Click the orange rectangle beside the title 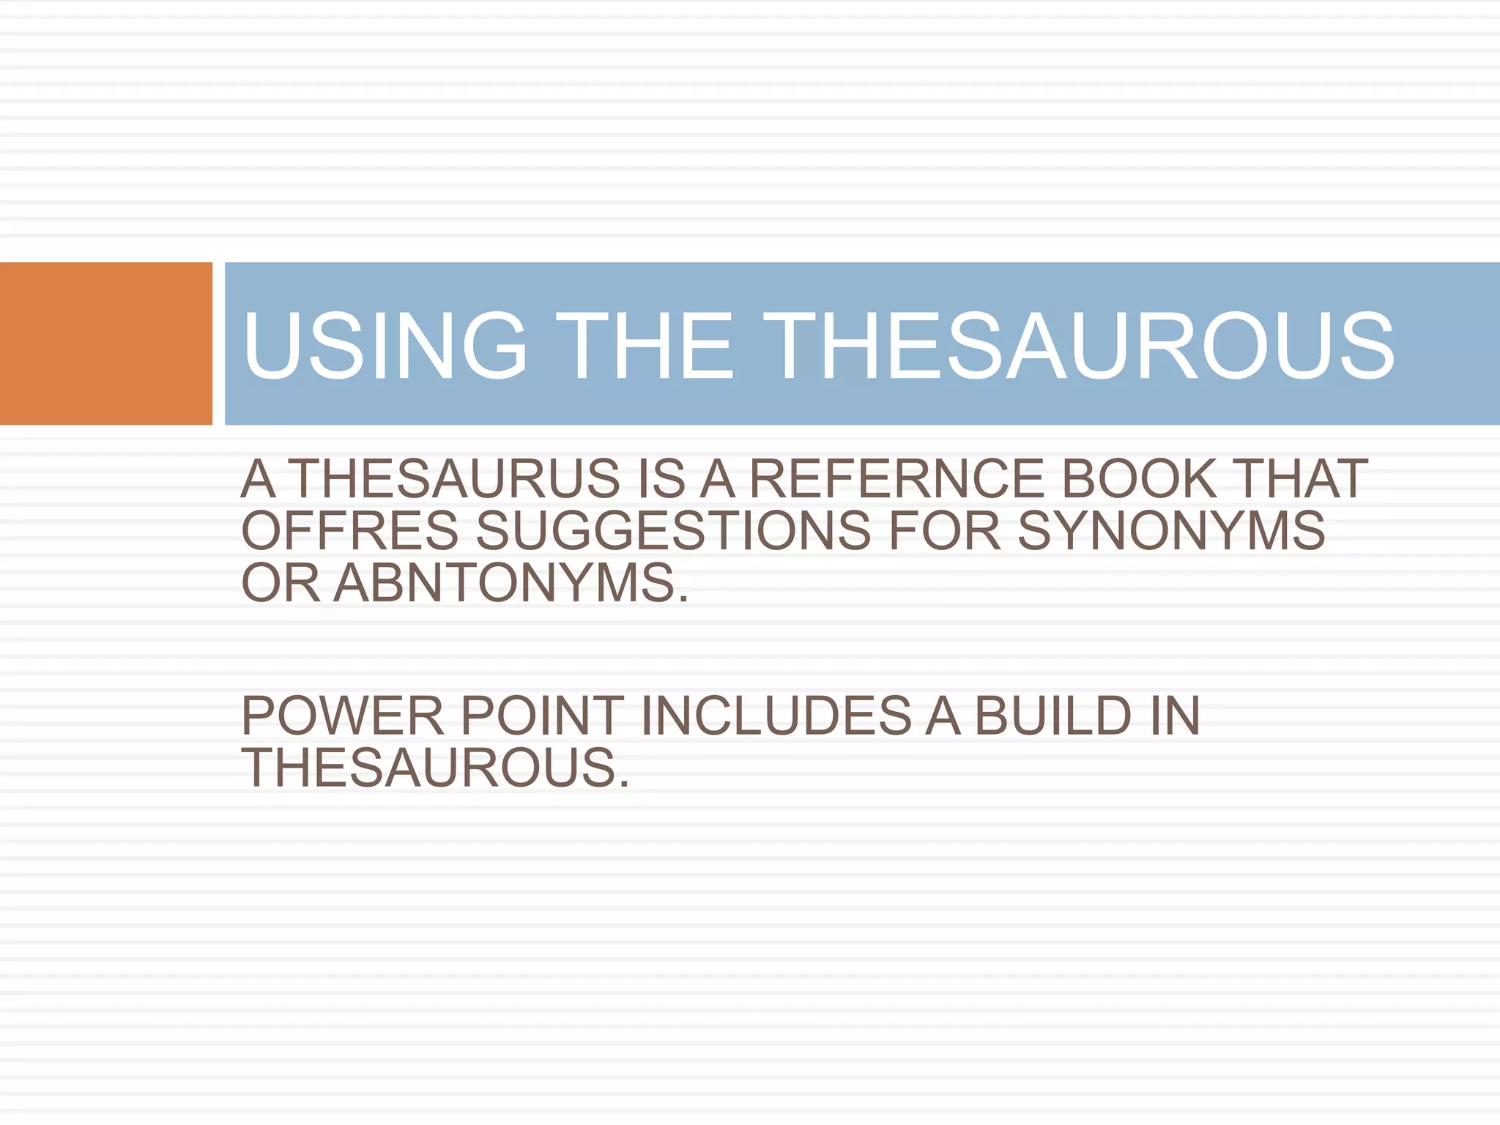(x=105, y=344)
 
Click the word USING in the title (x=385, y=346)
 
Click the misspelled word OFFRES (x=350, y=531)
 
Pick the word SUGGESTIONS (x=674, y=531)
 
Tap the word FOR (x=945, y=531)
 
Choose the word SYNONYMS (x=1171, y=531)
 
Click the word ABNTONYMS (x=511, y=584)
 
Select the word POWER (x=343, y=716)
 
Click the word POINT (x=542, y=716)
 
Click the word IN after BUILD (x=1175, y=716)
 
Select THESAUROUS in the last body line (x=435, y=768)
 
